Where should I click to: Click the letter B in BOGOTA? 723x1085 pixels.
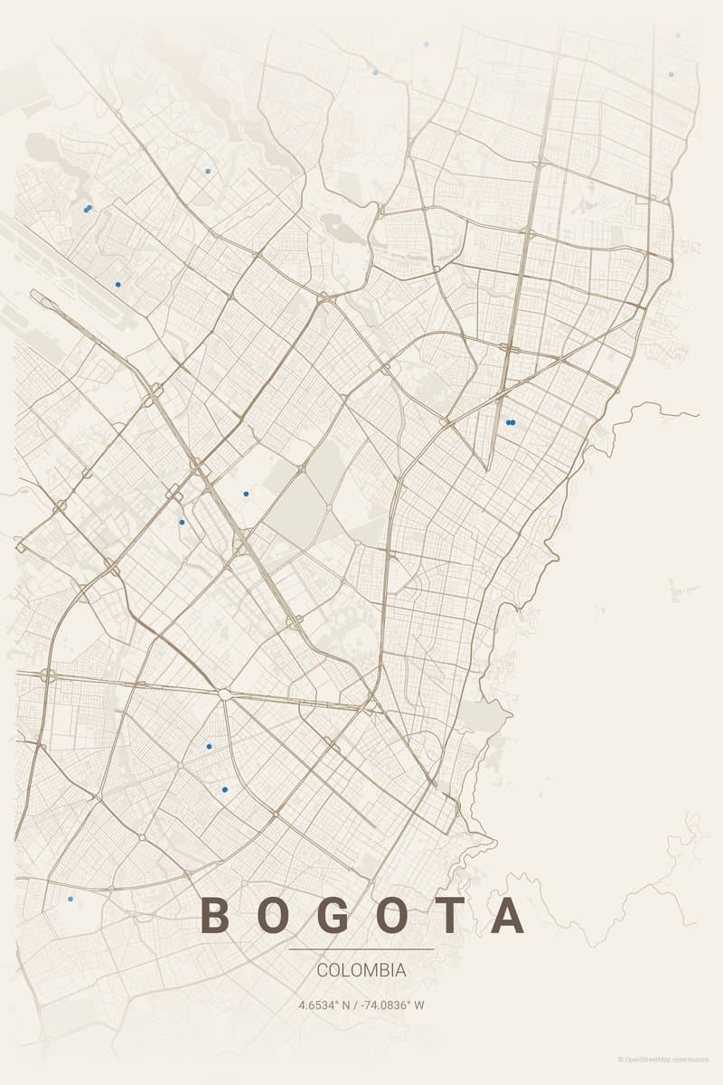click(214, 915)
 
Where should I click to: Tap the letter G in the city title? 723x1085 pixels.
click(333, 915)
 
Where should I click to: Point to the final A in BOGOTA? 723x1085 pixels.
click(509, 915)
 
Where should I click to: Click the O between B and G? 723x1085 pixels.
click(273, 915)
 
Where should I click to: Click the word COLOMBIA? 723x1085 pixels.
click(361, 970)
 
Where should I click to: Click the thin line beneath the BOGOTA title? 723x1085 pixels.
click(361, 949)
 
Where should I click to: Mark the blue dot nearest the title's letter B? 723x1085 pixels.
click(70, 899)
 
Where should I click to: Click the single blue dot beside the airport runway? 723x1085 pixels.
click(117, 285)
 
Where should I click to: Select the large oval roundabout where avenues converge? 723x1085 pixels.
click(223, 694)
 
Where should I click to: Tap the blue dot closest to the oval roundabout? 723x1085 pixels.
click(209, 747)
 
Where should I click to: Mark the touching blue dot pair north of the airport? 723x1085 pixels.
click(88, 209)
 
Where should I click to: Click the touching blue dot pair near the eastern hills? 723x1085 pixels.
click(511, 422)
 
